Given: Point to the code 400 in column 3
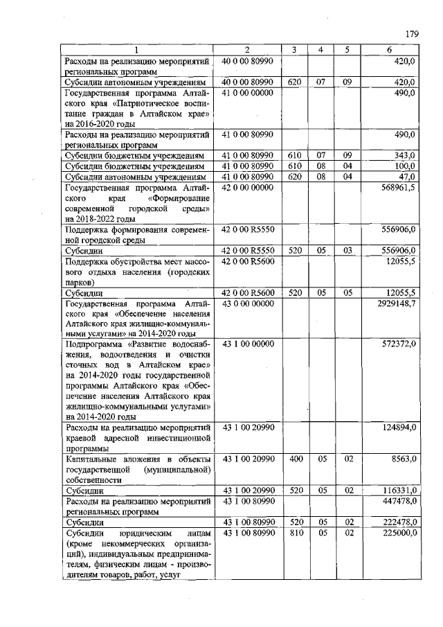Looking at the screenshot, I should click(x=294, y=459).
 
